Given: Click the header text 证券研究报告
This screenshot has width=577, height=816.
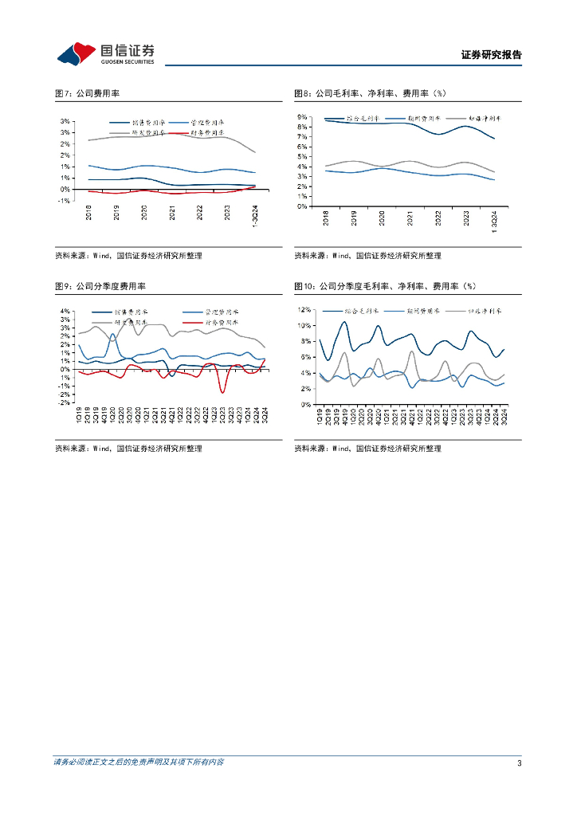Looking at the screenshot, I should (492, 55).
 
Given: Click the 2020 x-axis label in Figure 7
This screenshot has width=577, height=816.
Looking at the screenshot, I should (144, 212).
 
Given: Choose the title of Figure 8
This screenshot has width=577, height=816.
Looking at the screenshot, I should (372, 94).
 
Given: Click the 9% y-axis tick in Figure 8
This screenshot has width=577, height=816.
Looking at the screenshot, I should (303, 116).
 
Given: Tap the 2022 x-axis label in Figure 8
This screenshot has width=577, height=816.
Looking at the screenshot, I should (438, 219).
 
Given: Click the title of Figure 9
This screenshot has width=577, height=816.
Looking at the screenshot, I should (105, 286).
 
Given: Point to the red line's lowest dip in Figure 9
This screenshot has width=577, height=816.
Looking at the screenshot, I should (222, 392).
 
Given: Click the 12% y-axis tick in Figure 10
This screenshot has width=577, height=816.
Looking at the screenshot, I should (304, 309).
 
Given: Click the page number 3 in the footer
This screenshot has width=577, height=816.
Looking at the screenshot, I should (519, 763).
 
